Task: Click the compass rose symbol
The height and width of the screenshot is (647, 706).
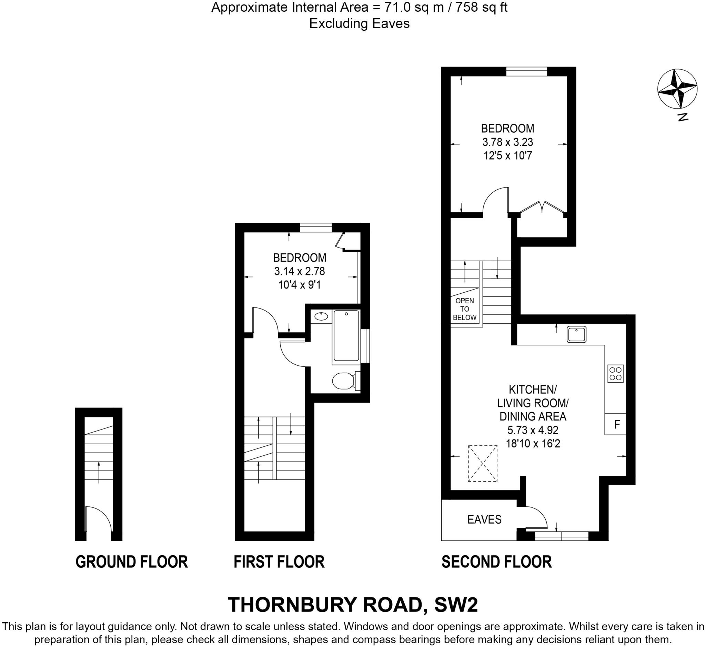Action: pos(677,89)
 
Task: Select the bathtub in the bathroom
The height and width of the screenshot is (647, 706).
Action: pos(346,335)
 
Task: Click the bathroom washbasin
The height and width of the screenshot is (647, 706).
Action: pos(321,316)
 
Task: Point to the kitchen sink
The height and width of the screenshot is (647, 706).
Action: pos(576,334)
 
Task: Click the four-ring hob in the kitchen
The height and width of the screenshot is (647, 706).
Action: pos(615,374)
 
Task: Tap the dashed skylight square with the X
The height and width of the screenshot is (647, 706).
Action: pos(483,464)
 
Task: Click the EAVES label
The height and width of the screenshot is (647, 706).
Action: pos(484,519)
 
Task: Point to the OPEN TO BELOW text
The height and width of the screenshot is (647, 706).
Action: pos(464,309)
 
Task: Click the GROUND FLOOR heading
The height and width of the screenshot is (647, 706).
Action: pos(132,562)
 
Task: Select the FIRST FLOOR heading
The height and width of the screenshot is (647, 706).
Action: pos(279,562)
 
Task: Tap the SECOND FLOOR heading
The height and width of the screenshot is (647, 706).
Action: pos(497,562)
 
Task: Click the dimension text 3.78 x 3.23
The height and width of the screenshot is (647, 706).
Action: pos(507,142)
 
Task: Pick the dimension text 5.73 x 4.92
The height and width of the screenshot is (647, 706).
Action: pos(533,430)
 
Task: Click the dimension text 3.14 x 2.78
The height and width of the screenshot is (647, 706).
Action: pos(300,271)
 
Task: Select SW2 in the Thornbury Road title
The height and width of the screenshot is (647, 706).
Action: pos(456,605)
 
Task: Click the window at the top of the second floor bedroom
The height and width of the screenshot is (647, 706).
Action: pos(526,71)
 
